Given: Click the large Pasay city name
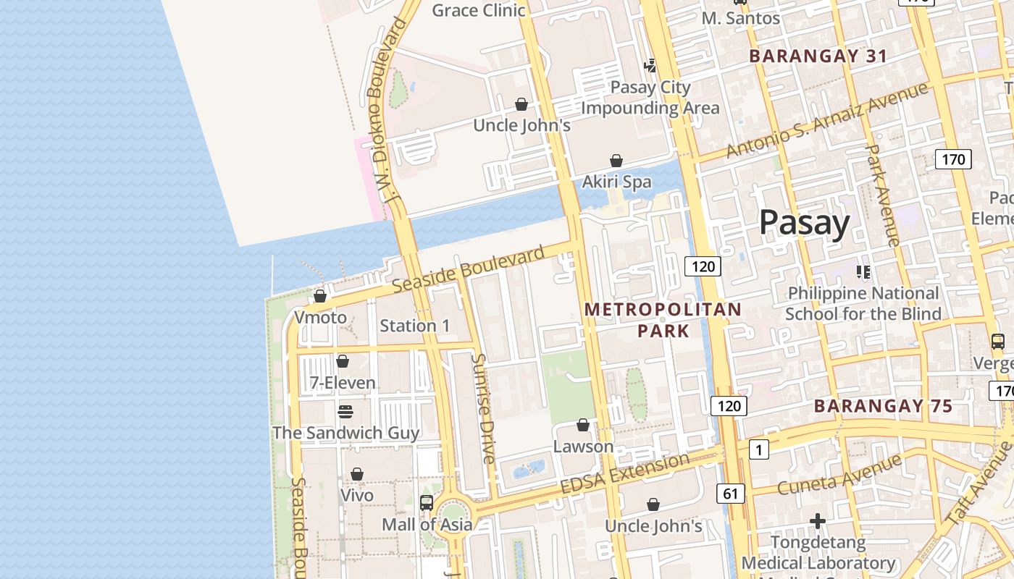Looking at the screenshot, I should pyautogui.click(x=804, y=222).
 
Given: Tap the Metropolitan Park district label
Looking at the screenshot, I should pyautogui.click(x=663, y=320).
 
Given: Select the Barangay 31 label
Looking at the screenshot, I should pyautogui.click(x=818, y=56).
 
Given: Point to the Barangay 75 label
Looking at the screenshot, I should pyautogui.click(x=882, y=406).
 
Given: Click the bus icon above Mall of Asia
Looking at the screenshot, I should pyautogui.click(x=427, y=502).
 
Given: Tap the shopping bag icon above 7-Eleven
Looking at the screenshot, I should pyautogui.click(x=343, y=360).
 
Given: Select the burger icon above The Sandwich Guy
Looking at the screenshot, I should pyautogui.click(x=345, y=411).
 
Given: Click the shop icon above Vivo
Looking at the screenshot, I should pyautogui.click(x=357, y=474).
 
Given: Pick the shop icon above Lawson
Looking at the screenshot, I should pyautogui.click(x=583, y=425).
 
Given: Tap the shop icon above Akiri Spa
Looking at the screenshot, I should pyautogui.click(x=616, y=160).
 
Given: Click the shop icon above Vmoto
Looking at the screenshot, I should pyautogui.click(x=319, y=296).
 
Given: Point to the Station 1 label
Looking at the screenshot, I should pyautogui.click(x=414, y=326).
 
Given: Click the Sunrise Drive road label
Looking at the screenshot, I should pyautogui.click(x=482, y=408).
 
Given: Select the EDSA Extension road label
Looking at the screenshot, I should pyautogui.click(x=625, y=474).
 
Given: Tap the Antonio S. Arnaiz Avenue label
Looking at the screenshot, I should pyautogui.click(x=826, y=120).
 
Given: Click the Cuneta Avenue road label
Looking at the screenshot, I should pyautogui.click(x=839, y=474).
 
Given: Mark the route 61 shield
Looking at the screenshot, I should pyautogui.click(x=730, y=494).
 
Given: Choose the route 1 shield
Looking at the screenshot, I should pyautogui.click(x=758, y=450).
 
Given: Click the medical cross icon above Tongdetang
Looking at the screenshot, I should pyautogui.click(x=818, y=521).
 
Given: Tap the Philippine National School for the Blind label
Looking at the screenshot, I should pyautogui.click(x=863, y=303).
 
